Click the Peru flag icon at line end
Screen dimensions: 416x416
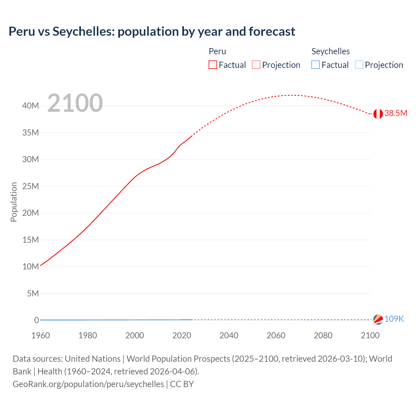pyautogui.click(x=378, y=114)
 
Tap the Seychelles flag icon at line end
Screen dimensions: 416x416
pyautogui.click(x=378, y=319)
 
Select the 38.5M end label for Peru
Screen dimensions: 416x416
pyautogui.click(x=396, y=113)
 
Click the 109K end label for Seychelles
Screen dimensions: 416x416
pyautogui.click(x=394, y=319)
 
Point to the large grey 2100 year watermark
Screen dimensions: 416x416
pyautogui.click(x=75, y=103)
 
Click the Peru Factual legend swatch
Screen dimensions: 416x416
pyautogui.click(x=213, y=65)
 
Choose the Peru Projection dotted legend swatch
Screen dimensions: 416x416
pyautogui.click(x=256, y=65)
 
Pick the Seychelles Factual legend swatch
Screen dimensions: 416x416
pyautogui.click(x=316, y=65)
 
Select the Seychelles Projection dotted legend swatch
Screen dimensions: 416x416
pyautogui.click(x=359, y=65)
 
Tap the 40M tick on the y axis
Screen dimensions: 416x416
pyautogui.click(x=31, y=106)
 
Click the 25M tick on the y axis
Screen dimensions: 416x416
pyautogui.click(x=31, y=186)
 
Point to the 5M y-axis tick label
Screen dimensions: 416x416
pyautogui.click(x=32, y=293)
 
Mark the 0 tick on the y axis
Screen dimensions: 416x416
pyautogui.click(x=36, y=320)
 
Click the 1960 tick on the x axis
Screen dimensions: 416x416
pyautogui.click(x=41, y=335)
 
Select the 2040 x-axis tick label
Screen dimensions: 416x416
pyautogui.click(x=229, y=335)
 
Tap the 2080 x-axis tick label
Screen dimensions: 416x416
pyautogui.click(x=323, y=335)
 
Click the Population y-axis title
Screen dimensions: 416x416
pyautogui.click(x=14, y=202)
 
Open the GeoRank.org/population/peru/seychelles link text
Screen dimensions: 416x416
pyautogui.click(x=88, y=384)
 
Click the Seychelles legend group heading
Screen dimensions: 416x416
pyautogui.click(x=331, y=51)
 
